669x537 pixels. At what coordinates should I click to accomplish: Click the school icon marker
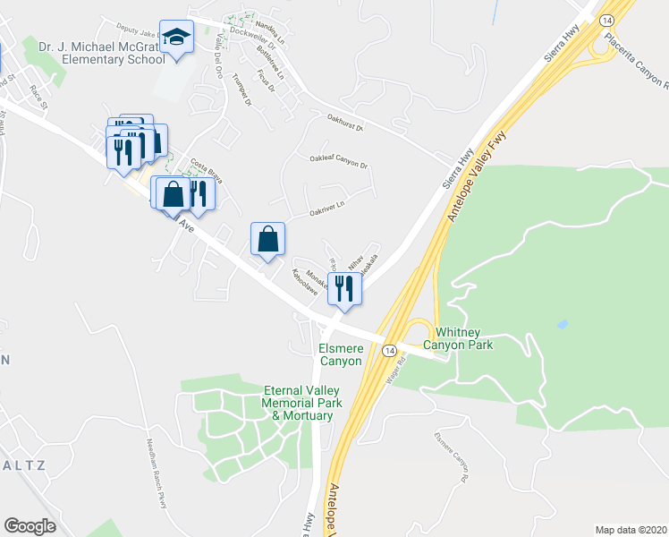177,38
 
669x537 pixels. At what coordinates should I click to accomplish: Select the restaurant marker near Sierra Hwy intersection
343,288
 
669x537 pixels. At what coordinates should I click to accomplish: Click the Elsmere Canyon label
340,354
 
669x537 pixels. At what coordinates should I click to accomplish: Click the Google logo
30,525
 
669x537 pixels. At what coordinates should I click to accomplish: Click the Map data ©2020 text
631,529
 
